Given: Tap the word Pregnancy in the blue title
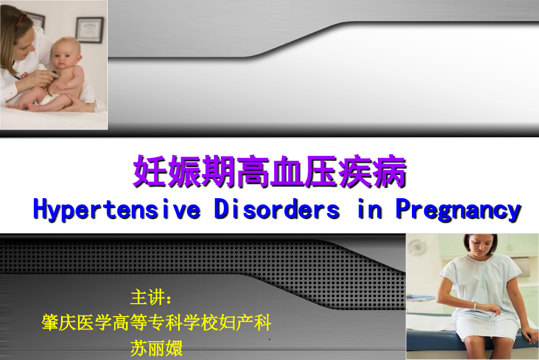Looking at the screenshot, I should coord(459,209).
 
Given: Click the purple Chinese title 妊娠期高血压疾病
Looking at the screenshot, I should coord(270,171).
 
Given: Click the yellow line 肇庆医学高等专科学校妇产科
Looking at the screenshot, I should coord(156,322).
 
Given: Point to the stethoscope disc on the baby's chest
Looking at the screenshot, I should coord(54,74).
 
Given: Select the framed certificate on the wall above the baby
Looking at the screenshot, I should coord(89,29).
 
